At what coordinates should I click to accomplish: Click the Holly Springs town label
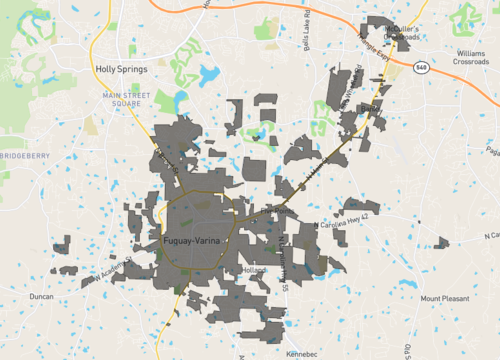pos(120,69)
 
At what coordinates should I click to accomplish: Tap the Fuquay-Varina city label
pos(196,242)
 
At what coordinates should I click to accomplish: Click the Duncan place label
pos(41,297)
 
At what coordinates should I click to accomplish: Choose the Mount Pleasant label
pos(444,298)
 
